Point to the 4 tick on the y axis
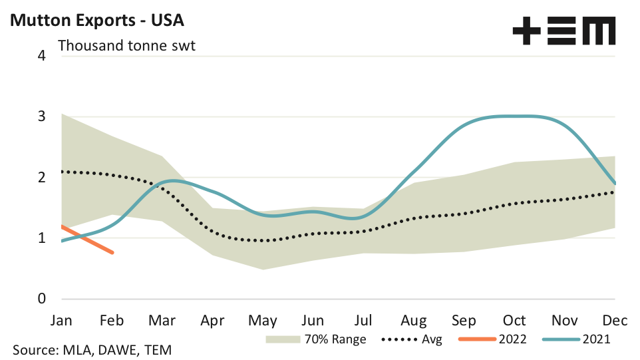(x=42, y=55)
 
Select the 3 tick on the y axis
(x=42, y=116)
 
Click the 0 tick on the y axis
(x=42, y=299)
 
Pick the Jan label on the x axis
(x=61, y=320)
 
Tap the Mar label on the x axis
(x=162, y=320)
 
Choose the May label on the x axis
(x=263, y=320)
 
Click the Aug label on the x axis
(x=414, y=320)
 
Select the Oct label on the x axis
(x=514, y=320)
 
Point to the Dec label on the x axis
(x=615, y=320)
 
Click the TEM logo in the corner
(x=564, y=31)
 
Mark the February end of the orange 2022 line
(x=112, y=252)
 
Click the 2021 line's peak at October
(x=514, y=116)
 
